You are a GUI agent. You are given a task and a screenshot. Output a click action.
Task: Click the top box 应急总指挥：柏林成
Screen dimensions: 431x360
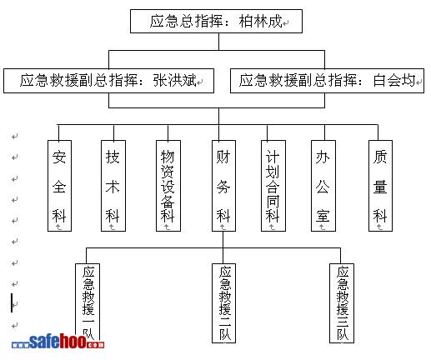point(216,22)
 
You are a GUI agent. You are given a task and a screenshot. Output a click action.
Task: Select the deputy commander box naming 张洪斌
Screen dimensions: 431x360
point(108,81)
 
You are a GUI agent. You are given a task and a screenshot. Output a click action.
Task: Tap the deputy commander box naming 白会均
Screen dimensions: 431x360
point(327,81)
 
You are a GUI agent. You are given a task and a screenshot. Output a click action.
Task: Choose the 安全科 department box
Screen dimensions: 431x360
point(59,186)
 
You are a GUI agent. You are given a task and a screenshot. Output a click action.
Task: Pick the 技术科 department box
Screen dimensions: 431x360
point(113,186)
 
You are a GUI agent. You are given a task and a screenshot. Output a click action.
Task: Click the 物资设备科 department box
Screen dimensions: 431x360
point(168,186)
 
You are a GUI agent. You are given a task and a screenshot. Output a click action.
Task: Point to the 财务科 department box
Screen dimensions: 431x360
point(223,186)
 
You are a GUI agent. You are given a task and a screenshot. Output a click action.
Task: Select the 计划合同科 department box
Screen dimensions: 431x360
point(273,186)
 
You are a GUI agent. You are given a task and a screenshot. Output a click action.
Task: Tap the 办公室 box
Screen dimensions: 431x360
point(323,186)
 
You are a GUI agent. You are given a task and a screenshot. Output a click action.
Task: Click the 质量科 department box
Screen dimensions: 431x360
point(380,186)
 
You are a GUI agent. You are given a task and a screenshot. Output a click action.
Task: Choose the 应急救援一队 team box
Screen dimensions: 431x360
point(88,302)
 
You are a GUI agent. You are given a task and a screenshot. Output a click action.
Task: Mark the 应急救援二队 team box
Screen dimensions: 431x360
point(223,303)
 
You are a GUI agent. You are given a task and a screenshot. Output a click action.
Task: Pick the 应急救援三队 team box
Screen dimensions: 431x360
point(342,303)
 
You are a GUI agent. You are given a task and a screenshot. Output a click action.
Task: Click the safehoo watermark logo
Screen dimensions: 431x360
point(58,342)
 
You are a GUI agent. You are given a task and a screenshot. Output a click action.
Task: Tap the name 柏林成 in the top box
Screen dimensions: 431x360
point(260,21)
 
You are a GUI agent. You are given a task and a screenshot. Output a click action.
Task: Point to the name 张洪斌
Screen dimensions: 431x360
point(175,81)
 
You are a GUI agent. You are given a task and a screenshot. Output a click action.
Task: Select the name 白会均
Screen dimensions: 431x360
point(394,81)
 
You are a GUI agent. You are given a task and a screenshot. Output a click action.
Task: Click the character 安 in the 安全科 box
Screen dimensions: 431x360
point(59,157)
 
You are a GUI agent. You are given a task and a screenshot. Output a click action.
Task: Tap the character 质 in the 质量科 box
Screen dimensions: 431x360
point(380,157)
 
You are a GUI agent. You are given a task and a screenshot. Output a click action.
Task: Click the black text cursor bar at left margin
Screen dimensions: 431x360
point(12,302)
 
